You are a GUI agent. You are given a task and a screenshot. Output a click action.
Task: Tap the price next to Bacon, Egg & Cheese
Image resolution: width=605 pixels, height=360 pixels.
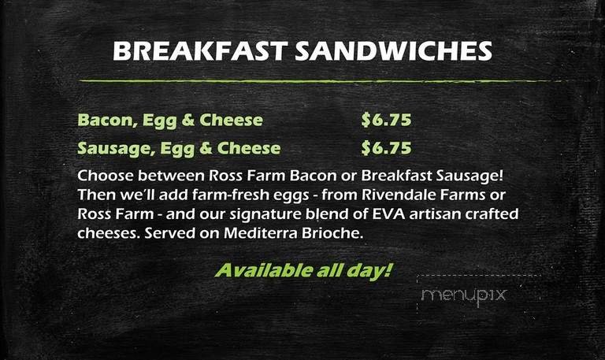click(386, 121)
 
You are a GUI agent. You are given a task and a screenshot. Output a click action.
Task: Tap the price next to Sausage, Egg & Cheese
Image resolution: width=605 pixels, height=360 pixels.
click(386, 147)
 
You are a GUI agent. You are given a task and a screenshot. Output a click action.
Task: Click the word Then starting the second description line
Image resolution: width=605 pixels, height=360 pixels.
click(95, 194)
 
